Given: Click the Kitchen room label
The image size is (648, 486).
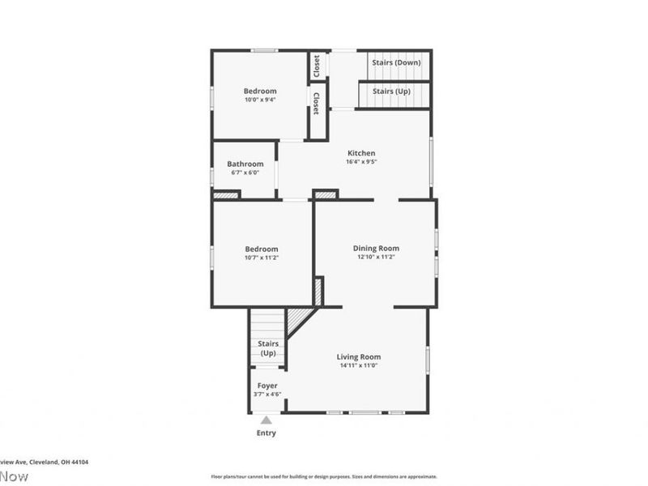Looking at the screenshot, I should pos(361,153).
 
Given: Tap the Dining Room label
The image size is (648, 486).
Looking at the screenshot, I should pos(376,248).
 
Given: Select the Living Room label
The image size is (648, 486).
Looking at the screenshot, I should pos(359,356).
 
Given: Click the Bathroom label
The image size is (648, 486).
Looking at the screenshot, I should pos(245,164).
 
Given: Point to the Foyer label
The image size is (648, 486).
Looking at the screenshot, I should pos(267,386).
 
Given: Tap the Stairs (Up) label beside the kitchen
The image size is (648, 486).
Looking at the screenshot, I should pos(391,92).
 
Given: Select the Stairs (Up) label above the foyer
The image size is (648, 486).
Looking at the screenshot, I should pos(267,348).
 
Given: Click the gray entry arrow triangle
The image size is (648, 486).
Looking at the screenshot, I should pos(266,420).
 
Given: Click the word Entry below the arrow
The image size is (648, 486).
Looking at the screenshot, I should pos(266,433).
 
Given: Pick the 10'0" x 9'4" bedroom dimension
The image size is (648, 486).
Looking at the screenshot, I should pos(260,100).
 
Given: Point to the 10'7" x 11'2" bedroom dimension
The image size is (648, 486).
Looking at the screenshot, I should pos(262,258).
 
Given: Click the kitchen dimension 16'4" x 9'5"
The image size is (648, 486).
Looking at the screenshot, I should pos(361,162).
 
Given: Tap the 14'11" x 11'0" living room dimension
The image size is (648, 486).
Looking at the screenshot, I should pos(359,365).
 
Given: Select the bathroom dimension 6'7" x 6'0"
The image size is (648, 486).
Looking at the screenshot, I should pos(245,173).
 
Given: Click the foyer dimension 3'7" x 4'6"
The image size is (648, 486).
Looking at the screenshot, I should pos(267,394).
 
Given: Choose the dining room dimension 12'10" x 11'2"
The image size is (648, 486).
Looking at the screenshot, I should pos(376,258).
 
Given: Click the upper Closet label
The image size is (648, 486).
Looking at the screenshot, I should pos(316,66).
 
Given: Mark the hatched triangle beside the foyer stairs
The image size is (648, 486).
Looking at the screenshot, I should pos(297,318).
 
